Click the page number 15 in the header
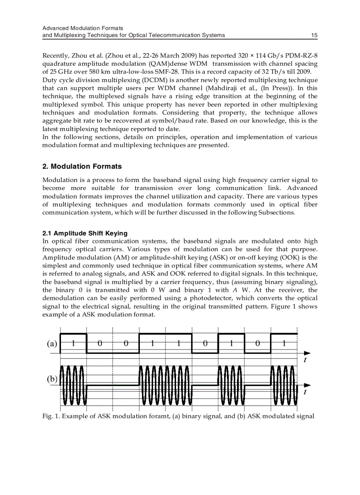point(314,35)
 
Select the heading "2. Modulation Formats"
point(82,167)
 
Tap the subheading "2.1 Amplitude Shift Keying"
point(85,233)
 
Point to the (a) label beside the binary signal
point(52,344)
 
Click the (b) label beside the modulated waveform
point(52,379)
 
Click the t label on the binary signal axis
point(305,360)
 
